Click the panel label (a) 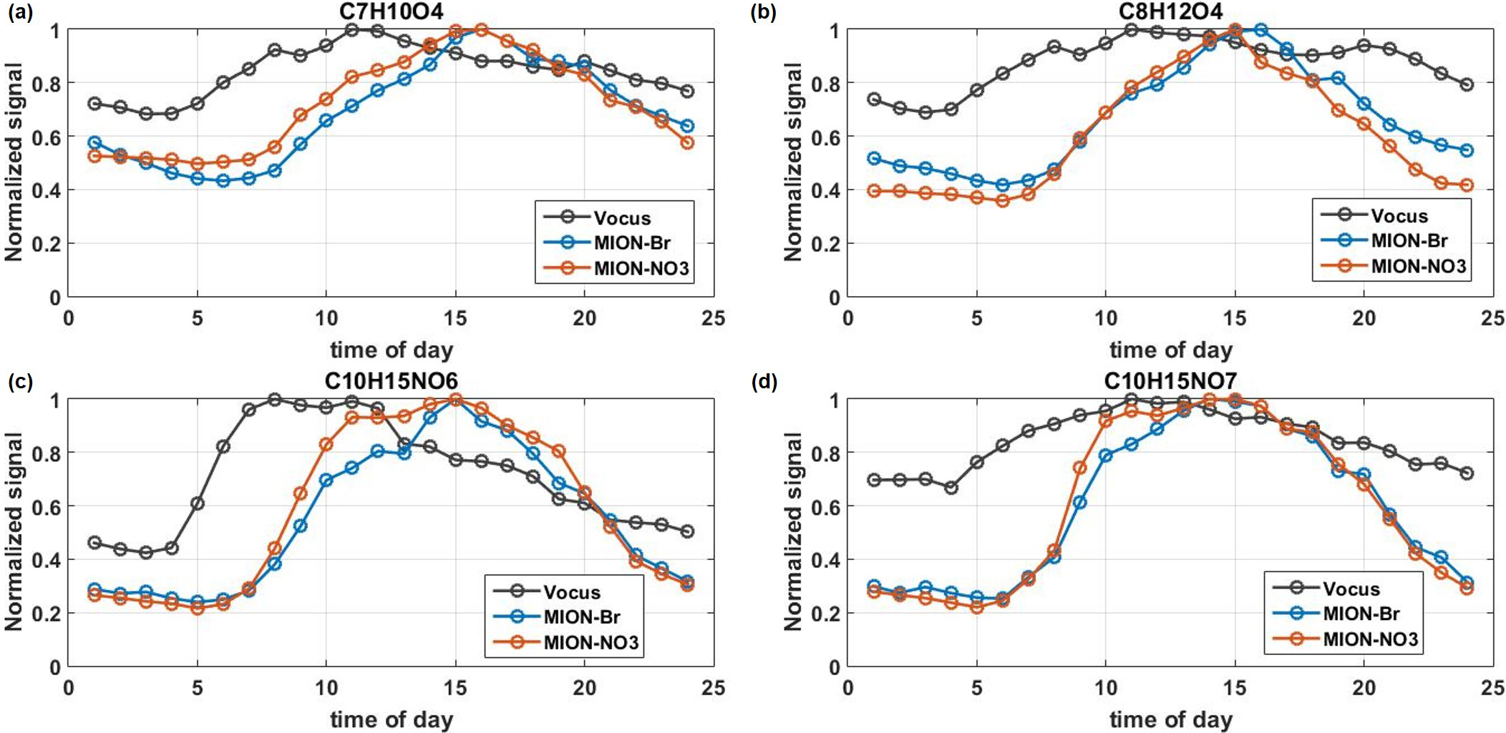coord(20,12)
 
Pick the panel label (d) coord(764,382)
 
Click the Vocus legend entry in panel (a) coord(622,218)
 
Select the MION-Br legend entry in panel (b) coord(1399,241)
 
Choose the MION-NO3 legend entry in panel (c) coord(591,642)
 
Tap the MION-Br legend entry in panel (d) coord(1361,614)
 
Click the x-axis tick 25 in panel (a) coord(714,318)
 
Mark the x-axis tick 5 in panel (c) coord(198,688)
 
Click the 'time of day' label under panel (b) coord(1170,350)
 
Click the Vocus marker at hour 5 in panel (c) coord(198,503)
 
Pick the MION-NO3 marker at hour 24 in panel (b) coord(1467,185)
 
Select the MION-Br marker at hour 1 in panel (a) coord(94,143)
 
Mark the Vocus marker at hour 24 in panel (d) coord(1467,473)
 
